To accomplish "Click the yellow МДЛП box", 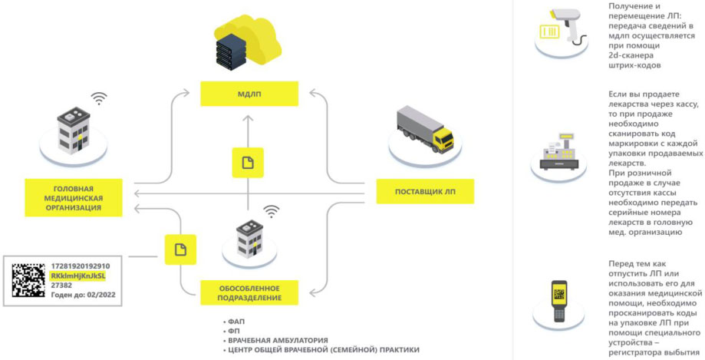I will click(248, 94).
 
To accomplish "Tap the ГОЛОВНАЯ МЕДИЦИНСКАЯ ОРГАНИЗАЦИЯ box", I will click(74, 197).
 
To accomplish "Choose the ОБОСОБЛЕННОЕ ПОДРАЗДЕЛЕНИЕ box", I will click(249, 292).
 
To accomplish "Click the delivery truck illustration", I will click(424, 130).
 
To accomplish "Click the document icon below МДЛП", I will click(247, 163).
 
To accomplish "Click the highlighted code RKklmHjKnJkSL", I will click(77, 276).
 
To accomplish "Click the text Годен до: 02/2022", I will click(83, 296).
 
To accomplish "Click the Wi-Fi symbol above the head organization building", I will click(98, 97).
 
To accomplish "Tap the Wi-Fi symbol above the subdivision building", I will click(271, 210).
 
